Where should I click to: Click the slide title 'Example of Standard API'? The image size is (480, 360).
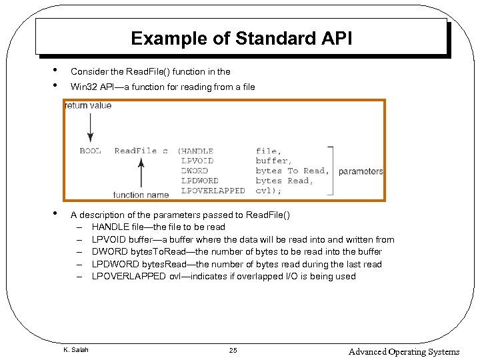tap(241, 38)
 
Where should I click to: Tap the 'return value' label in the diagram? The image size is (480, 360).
tap(88, 105)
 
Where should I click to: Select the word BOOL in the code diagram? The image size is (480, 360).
tap(91, 151)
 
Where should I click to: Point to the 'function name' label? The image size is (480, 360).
tap(141, 195)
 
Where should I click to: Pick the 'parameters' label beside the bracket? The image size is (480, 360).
tap(361, 171)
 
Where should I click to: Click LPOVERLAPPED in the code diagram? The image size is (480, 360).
tap(213, 191)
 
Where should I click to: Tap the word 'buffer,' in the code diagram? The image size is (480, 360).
tap(272, 161)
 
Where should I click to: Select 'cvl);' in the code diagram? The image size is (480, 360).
tap(269, 191)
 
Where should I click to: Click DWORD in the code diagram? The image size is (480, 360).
tap(195, 171)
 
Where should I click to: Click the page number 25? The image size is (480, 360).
tap(233, 351)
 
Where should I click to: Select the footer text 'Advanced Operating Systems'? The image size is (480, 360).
tap(404, 351)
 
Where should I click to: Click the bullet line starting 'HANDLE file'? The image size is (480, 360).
tap(159, 227)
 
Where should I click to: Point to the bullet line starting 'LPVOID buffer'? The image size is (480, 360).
tap(243, 239)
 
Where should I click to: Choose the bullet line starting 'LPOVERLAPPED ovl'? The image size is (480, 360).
tap(223, 276)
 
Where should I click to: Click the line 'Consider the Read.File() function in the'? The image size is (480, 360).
tap(151, 71)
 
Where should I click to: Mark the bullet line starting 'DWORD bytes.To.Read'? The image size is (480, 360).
tap(237, 252)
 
